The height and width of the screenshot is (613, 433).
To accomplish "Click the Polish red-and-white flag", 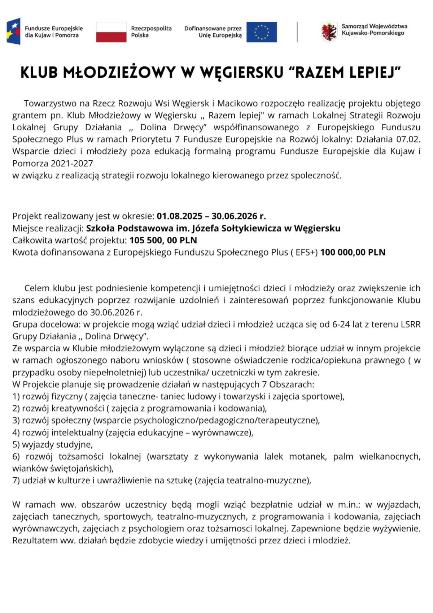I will tap(111, 32).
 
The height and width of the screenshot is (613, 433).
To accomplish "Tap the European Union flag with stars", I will tap(262, 32).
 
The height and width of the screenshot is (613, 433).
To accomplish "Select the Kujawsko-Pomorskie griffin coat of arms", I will tap(329, 32).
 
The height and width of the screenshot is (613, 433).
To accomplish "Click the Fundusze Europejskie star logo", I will tap(14, 31).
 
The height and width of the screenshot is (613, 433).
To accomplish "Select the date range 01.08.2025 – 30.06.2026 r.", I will tap(211, 216).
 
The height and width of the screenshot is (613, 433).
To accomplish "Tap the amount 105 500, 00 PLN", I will tap(163, 240).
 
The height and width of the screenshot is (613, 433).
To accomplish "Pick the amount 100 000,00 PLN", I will tap(353, 252).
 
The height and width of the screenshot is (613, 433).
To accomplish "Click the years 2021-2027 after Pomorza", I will tap(72, 164).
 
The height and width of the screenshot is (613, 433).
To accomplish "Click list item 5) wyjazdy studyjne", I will tap(53, 444).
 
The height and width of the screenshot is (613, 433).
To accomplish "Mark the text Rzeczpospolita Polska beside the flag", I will tap(151, 32).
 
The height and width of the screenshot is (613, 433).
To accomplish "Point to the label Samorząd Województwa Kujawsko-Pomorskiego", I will tap(374, 30).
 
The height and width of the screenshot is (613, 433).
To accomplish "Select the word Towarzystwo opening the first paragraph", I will tap(51, 104).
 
